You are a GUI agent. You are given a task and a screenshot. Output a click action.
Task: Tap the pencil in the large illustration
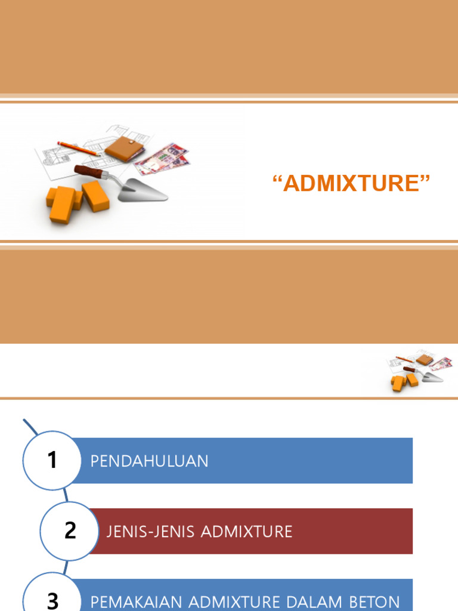(78, 149)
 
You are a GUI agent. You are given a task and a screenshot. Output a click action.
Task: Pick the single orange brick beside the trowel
(95, 196)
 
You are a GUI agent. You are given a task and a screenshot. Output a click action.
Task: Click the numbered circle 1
(52, 460)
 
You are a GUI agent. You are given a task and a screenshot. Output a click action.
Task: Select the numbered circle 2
(70, 530)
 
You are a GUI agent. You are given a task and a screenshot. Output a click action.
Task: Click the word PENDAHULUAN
(149, 461)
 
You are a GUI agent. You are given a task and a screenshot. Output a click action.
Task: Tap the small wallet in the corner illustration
(424, 359)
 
